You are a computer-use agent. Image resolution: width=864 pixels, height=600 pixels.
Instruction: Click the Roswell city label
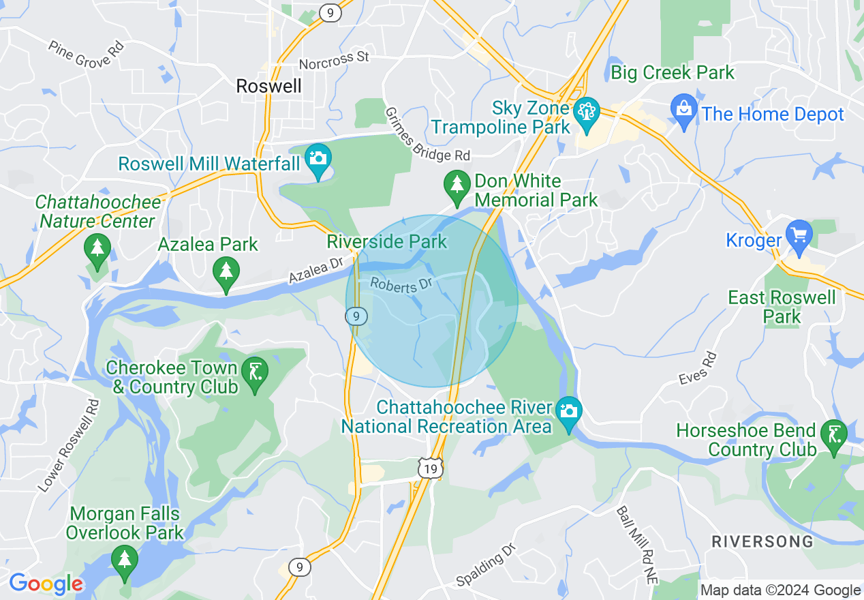pyautogui.click(x=268, y=86)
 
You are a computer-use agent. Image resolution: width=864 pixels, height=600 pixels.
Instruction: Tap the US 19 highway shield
pyautogui.click(x=431, y=468)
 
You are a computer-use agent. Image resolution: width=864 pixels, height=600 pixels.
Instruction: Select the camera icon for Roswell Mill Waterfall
pyautogui.click(x=318, y=159)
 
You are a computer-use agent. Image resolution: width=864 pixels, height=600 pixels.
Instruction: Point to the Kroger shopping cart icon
pyautogui.click(x=799, y=235)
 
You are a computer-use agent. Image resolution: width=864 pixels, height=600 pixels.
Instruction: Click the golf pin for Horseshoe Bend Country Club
pyautogui.click(x=834, y=434)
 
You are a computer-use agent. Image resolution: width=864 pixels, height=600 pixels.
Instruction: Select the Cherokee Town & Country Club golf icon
pyautogui.click(x=255, y=372)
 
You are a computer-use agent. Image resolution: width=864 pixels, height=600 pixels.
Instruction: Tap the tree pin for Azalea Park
pyautogui.click(x=226, y=272)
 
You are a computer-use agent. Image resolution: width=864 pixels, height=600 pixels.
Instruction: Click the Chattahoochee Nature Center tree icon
pyautogui.click(x=97, y=248)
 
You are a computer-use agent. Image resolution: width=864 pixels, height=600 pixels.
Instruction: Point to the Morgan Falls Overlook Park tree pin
pyautogui.click(x=124, y=560)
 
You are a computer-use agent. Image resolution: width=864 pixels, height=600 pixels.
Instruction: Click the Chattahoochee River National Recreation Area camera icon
pyautogui.click(x=568, y=412)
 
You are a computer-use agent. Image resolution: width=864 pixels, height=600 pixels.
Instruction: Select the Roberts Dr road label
pyautogui.click(x=402, y=286)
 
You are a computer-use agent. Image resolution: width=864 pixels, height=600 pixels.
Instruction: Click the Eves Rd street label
pyautogui.click(x=699, y=369)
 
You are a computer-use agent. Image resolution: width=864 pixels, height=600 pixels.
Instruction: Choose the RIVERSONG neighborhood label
pyautogui.click(x=762, y=542)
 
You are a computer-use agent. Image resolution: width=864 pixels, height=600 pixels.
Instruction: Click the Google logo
pyautogui.click(x=46, y=584)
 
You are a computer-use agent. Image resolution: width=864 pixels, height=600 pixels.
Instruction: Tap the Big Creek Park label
pyautogui.click(x=673, y=73)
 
